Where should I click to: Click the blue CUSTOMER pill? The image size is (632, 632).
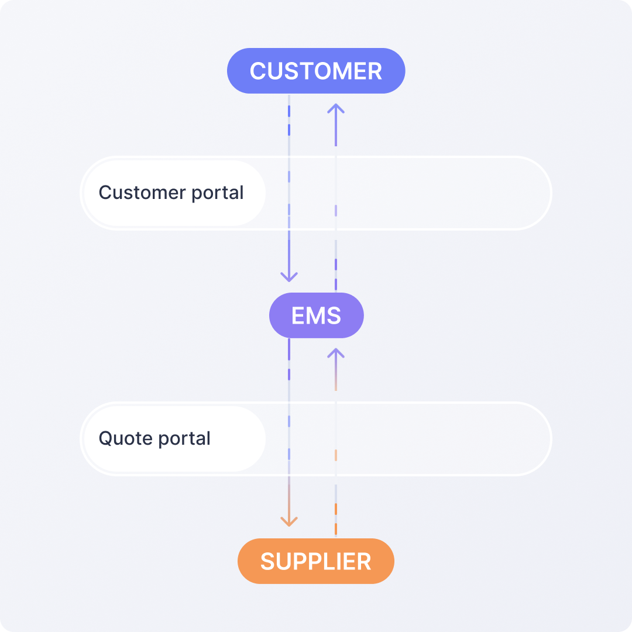[316, 71]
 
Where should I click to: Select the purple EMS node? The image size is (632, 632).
[316, 315]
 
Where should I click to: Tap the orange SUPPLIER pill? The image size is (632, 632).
[316, 561]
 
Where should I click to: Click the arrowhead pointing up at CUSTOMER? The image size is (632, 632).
[336, 108]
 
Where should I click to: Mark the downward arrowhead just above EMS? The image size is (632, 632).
[289, 276]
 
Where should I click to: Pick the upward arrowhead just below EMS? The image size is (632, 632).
[336, 353]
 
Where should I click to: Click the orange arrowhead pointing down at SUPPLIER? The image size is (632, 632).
[289, 521]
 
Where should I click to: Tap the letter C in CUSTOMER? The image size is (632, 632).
[258, 71]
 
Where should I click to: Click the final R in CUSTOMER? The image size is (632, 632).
[375, 71]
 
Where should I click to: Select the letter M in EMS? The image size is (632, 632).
[316, 316]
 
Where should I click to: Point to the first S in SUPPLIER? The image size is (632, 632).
[268, 562]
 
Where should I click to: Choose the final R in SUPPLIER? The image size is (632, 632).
[363, 562]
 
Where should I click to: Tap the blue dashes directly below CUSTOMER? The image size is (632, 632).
[289, 117]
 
